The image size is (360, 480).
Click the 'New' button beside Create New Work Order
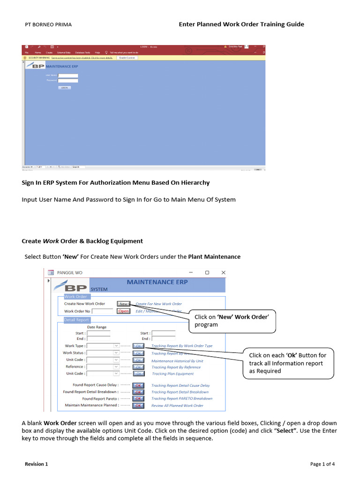pos(123,304)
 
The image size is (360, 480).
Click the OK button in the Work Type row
pos(139,346)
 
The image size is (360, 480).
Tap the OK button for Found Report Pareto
pos(139,398)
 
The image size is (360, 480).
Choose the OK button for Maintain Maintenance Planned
pos(139,405)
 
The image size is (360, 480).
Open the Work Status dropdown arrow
pos(117,353)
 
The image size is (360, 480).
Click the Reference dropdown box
pos(103,367)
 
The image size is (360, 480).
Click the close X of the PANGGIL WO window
pos(224,272)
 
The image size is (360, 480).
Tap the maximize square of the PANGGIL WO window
pos(207,272)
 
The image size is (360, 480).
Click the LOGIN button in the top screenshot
pos(65,88)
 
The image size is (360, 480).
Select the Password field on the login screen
pos(68,81)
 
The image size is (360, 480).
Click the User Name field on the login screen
pos(68,75)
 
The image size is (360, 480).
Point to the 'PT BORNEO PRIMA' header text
pos(48,24)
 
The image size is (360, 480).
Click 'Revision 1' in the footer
pos(37,464)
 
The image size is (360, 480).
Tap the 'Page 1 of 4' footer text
pos(322,464)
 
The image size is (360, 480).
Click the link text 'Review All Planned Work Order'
pos(177,405)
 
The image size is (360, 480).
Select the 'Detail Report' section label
pos(76,320)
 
